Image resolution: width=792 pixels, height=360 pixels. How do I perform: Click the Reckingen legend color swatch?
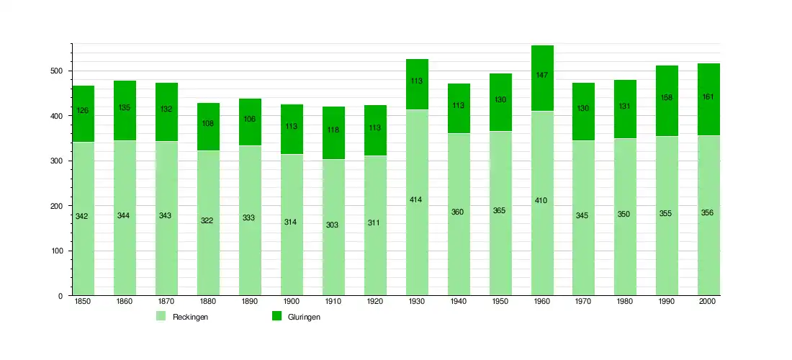click(x=161, y=316)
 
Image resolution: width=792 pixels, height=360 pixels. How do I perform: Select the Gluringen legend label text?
click(x=304, y=317)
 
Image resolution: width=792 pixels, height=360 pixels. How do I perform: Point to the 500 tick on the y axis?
click(x=57, y=71)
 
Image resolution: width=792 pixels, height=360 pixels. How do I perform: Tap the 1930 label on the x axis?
click(x=416, y=302)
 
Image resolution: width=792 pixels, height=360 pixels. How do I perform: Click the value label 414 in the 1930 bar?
click(x=416, y=199)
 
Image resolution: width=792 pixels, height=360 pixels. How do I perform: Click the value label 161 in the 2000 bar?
click(x=708, y=96)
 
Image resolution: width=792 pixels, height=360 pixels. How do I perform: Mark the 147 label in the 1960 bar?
click(x=541, y=75)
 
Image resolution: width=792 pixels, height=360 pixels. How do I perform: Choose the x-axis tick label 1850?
click(x=82, y=302)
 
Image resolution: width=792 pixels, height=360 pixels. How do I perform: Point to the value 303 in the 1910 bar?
click(x=333, y=225)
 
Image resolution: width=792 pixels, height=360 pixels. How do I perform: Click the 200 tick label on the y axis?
click(x=57, y=206)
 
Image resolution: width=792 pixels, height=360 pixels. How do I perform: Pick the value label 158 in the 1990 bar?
click(x=667, y=97)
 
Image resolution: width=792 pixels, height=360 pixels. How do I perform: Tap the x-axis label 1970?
click(x=583, y=302)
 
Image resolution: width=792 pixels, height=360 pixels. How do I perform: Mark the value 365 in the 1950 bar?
click(x=500, y=210)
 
